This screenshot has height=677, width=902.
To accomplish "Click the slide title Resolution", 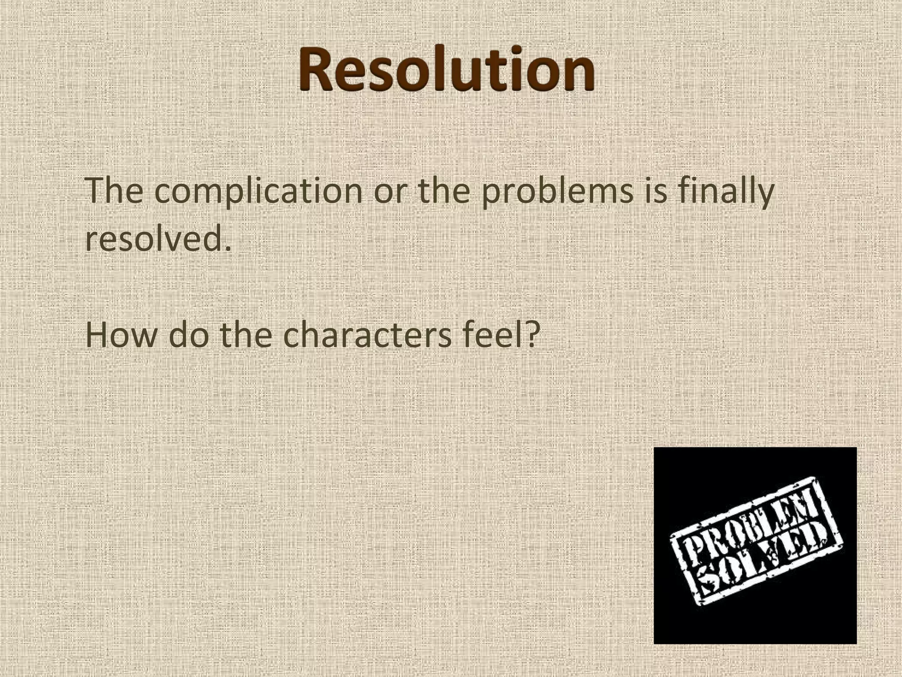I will pos(447,71).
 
